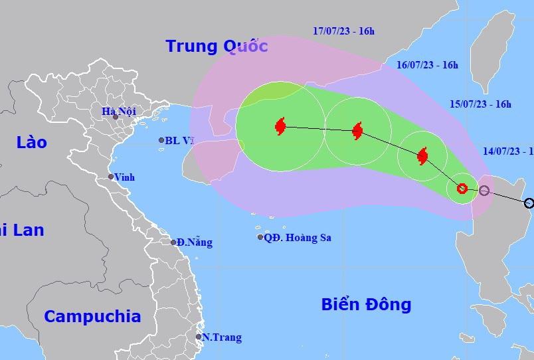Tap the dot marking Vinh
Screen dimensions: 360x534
click(x=112, y=177)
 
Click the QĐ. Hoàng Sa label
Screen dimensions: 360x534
click(x=297, y=237)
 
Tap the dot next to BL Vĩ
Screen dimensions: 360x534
click(x=161, y=140)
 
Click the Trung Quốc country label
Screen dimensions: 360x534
click(x=217, y=46)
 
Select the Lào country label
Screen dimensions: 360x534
click(x=32, y=142)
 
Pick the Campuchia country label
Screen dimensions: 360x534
click(x=92, y=316)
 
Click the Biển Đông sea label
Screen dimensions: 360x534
click(x=366, y=305)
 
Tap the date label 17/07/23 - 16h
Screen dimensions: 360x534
click(x=343, y=31)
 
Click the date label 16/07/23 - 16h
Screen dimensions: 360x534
click(x=427, y=65)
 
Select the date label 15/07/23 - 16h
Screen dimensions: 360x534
click(x=480, y=104)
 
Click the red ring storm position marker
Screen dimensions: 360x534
click(x=462, y=189)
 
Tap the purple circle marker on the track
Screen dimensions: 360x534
click(x=484, y=191)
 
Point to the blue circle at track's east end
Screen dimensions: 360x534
click(x=529, y=203)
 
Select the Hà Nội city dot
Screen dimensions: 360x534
click(x=115, y=118)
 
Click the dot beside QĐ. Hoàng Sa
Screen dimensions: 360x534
click(x=260, y=237)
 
